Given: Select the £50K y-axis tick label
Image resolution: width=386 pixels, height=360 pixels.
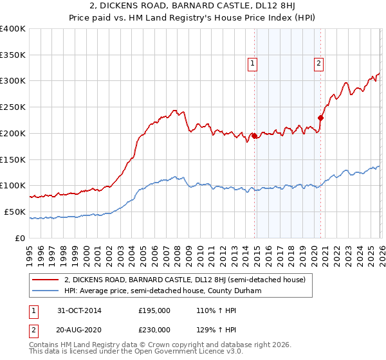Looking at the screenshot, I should (15, 212).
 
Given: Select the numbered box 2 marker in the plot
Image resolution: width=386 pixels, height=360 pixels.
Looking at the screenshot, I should (318, 63).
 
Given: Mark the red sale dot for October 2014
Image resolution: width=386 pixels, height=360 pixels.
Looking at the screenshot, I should (254, 136).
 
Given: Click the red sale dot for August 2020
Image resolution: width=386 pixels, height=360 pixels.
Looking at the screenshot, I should (320, 117).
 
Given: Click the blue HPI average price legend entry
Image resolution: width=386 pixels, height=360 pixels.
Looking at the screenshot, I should (171, 291).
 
